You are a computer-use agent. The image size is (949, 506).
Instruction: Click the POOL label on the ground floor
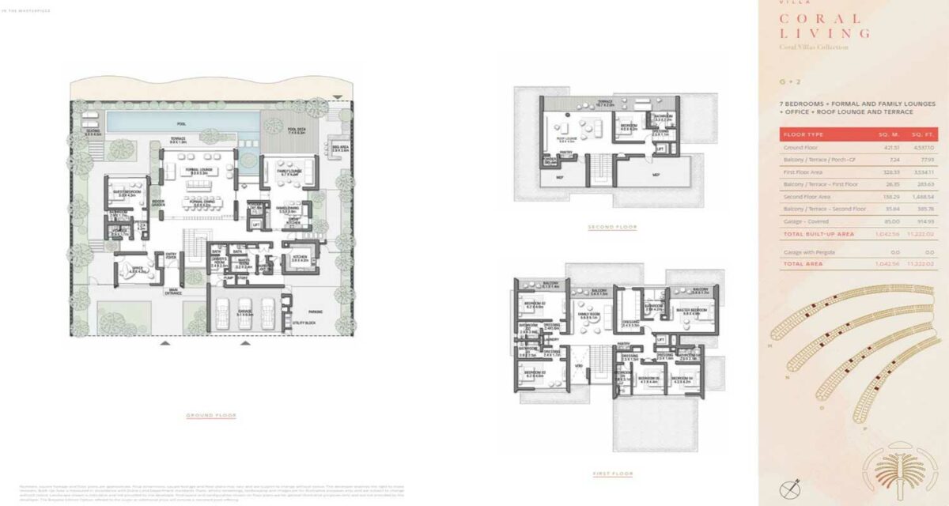click(x=182, y=123)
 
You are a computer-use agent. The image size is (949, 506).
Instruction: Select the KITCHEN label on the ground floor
click(x=300, y=257)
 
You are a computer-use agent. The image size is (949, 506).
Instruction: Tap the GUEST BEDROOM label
click(x=129, y=191)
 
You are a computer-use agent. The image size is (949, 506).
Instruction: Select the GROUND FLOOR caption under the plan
click(x=211, y=415)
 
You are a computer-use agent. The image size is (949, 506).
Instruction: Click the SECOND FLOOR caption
click(x=612, y=228)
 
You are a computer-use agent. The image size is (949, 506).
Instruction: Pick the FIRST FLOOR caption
click(x=612, y=474)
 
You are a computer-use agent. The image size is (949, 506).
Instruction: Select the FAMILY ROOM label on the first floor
click(x=588, y=315)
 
